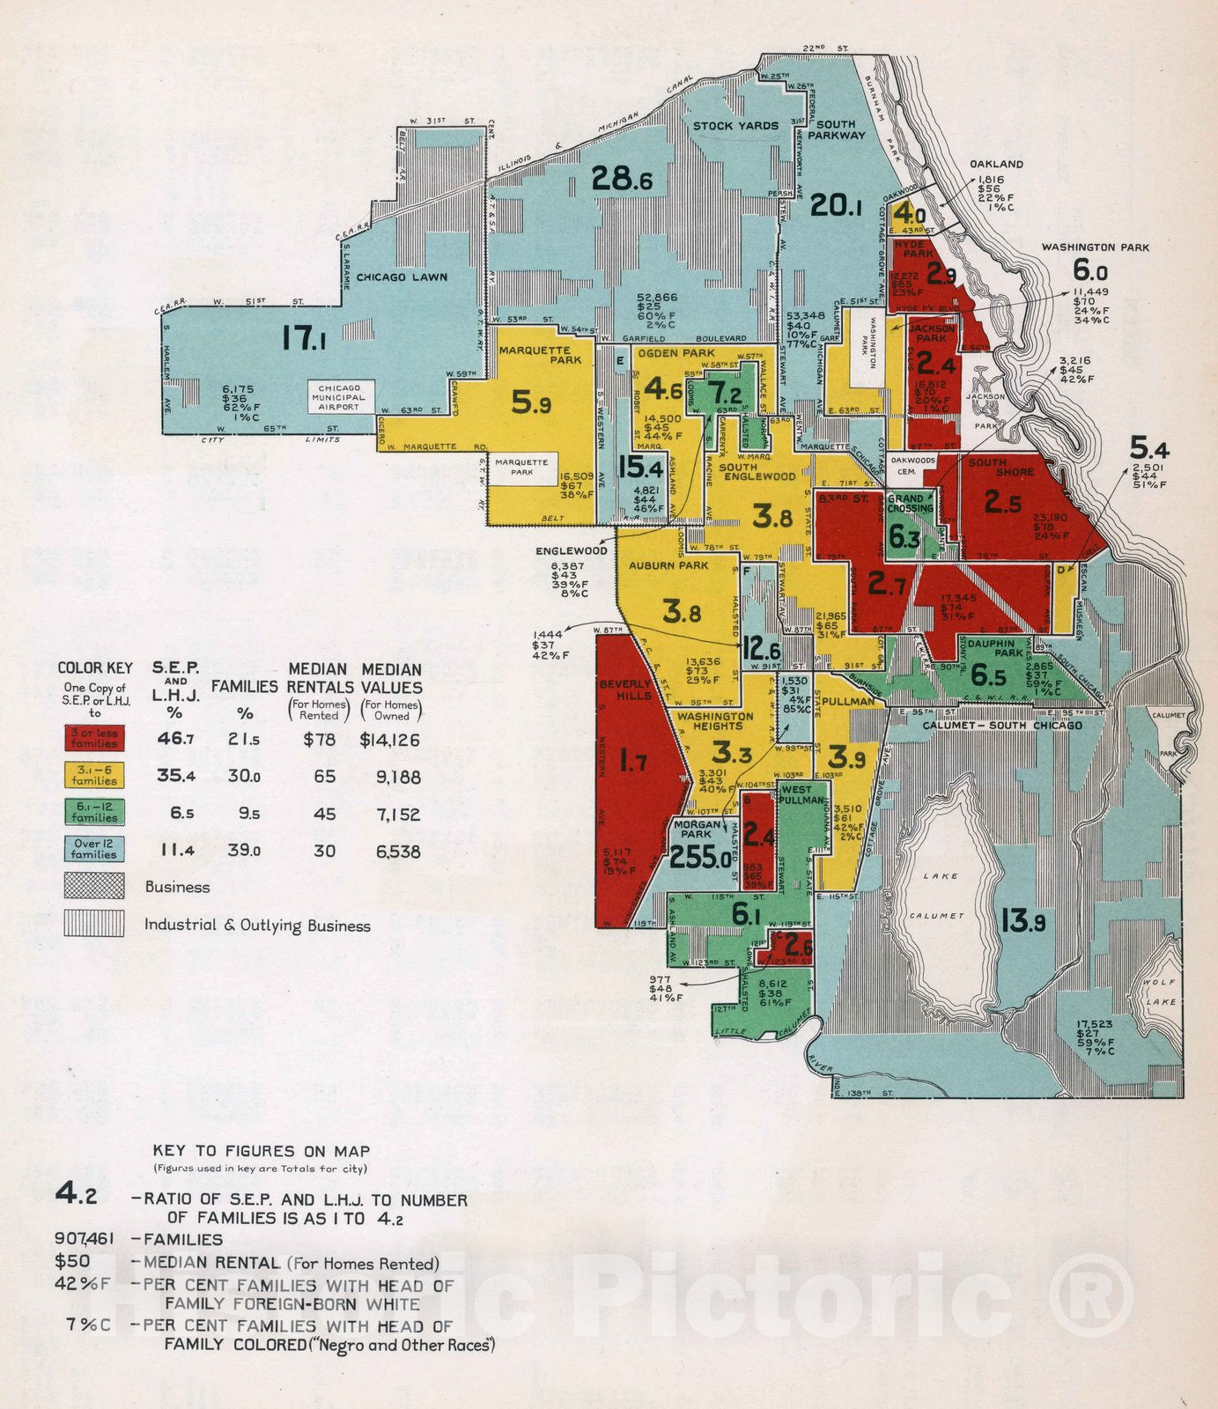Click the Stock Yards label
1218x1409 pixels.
735,126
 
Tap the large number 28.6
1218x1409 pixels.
622,179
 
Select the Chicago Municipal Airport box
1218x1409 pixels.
340,397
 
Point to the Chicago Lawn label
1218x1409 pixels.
402,277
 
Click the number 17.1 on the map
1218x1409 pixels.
304,338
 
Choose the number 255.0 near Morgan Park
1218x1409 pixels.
701,857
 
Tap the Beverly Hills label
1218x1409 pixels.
626,690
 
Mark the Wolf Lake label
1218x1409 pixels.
1160,992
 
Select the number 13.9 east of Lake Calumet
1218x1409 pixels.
1022,921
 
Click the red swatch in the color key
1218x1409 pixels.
94,738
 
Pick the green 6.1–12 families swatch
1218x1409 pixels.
94,812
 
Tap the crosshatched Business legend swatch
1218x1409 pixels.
94,886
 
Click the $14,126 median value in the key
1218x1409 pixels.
390,741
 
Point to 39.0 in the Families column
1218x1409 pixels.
244,851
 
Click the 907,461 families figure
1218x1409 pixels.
85,1239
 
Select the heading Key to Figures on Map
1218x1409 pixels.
261,1151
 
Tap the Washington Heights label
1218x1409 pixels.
715,720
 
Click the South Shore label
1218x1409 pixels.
1001,467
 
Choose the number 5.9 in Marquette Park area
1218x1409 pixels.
531,403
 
